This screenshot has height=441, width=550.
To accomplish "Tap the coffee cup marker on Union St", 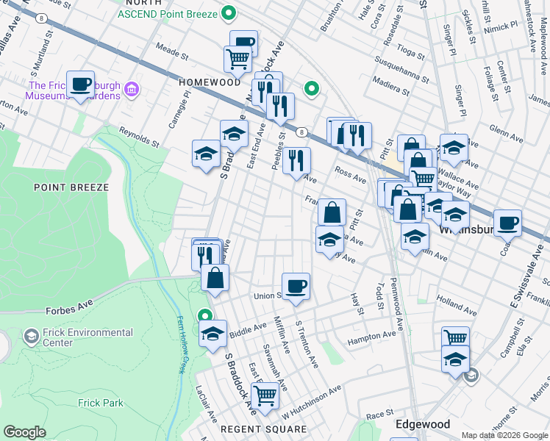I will click(x=296, y=286).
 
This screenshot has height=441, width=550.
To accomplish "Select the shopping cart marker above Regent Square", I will click(x=265, y=395).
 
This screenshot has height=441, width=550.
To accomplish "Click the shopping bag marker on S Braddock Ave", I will click(x=215, y=279).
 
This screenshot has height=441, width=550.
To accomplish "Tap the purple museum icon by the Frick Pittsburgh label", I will click(x=132, y=90).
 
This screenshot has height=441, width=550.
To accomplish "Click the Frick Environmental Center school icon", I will click(x=31, y=337).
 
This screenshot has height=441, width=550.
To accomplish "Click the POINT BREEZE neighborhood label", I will click(x=71, y=187).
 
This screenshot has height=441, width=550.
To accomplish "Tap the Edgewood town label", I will click(x=422, y=424).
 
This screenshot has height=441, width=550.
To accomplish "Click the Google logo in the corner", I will click(x=24, y=431).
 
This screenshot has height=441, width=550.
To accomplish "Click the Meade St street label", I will click(x=173, y=49).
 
